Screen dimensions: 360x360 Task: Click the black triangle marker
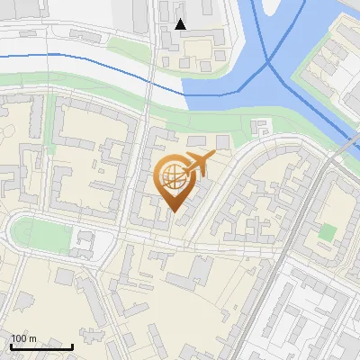tap(180, 24)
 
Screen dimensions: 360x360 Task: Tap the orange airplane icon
tap(197, 163)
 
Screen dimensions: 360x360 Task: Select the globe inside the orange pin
tap(173, 177)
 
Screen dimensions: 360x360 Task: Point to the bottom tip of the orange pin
tap(174, 212)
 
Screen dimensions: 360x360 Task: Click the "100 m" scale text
tap(23, 338)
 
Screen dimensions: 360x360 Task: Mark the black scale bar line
tap(41, 346)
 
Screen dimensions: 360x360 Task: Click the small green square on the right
tap(327, 232)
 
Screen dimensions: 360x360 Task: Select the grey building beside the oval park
tap(85, 241)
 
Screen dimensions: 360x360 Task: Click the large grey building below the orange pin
tap(191, 271)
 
